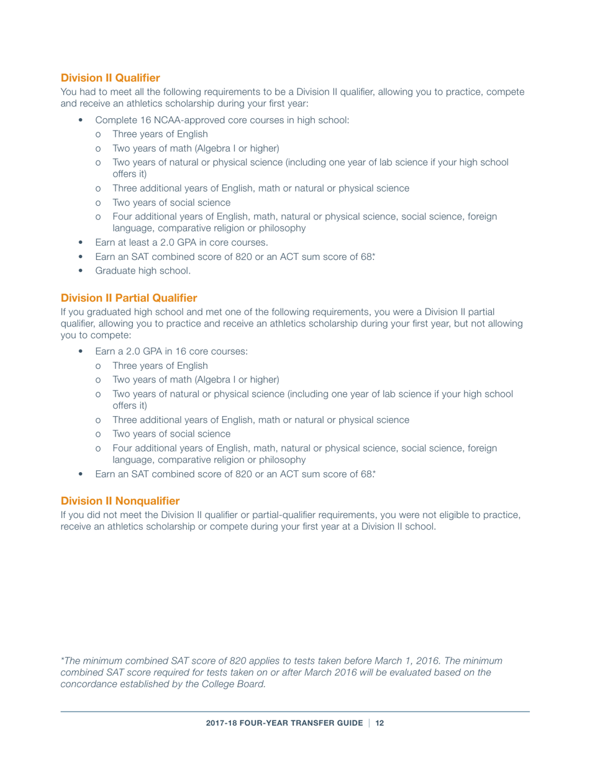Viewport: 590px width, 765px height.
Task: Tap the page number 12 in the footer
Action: point(380,725)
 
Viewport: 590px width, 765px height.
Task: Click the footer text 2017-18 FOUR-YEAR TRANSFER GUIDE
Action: point(284,725)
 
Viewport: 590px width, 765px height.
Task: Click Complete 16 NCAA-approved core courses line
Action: point(222,119)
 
